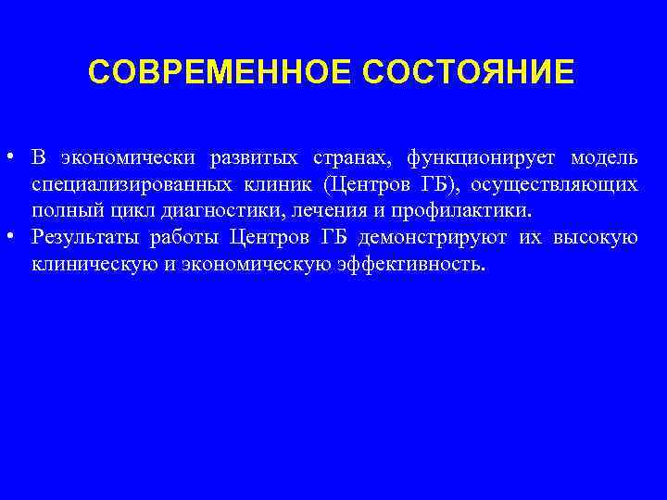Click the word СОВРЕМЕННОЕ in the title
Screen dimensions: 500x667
coord(220,72)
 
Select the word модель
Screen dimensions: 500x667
coord(603,158)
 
